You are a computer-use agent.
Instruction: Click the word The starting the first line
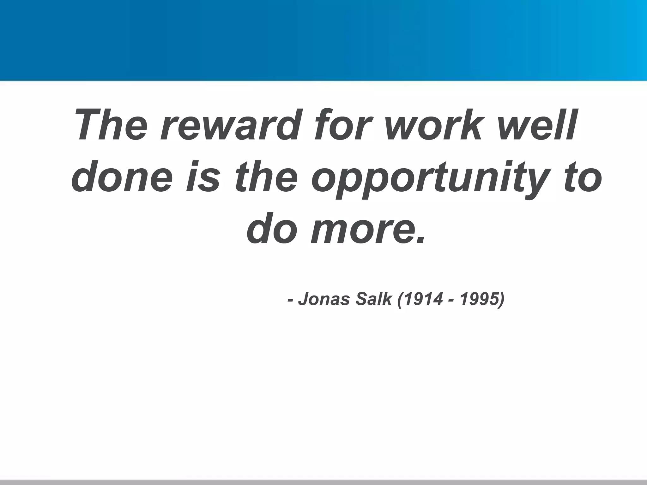pos(112,125)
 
